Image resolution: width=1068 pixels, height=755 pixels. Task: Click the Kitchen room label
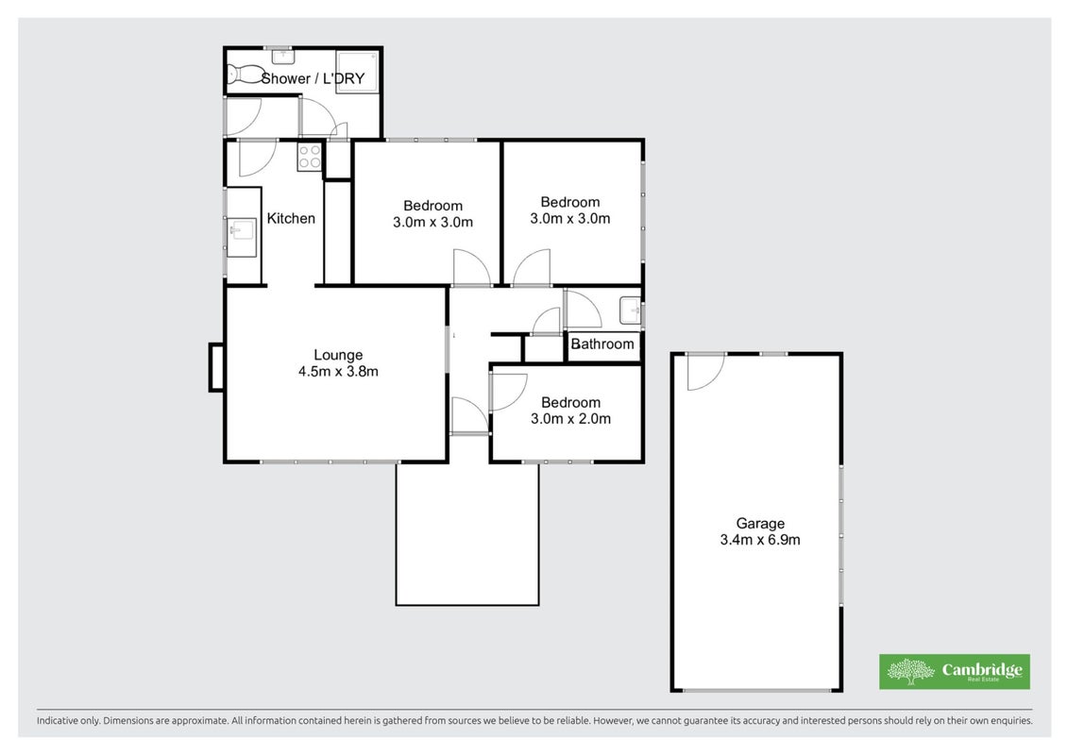pyautogui.click(x=291, y=219)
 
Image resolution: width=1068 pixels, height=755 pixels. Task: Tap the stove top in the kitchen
pyautogui.click(x=309, y=157)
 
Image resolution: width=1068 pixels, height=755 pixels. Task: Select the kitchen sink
pyautogui.click(x=241, y=231)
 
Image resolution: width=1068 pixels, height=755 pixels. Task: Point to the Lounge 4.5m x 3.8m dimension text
pyautogui.click(x=338, y=372)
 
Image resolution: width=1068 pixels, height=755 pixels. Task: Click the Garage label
pyautogui.click(x=760, y=524)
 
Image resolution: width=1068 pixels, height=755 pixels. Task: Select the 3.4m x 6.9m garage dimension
pyautogui.click(x=760, y=541)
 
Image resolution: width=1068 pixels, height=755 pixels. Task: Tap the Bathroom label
pyautogui.click(x=602, y=344)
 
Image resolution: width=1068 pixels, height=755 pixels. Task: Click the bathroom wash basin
pyautogui.click(x=630, y=311)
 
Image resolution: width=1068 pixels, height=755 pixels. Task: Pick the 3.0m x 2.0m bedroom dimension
pyautogui.click(x=570, y=419)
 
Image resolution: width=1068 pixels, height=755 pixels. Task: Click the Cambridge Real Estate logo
pyautogui.click(x=955, y=671)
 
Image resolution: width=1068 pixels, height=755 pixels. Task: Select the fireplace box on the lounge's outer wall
pyautogui.click(x=216, y=368)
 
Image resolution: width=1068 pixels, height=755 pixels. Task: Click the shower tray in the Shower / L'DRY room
pyautogui.click(x=358, y=72)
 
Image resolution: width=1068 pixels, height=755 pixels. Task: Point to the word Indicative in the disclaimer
pyautogui.click(x=58, y=721)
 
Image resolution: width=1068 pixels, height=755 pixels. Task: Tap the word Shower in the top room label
pyautogui.click(x=286, y=79)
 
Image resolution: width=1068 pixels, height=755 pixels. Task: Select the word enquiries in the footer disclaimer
pyautogui.click(x=1011, y=721)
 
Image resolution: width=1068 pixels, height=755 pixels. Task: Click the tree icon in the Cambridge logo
pyautogui.click(x=910, y=671)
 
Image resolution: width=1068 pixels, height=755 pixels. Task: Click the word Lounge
pyautogui.click(x=338, y=356)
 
